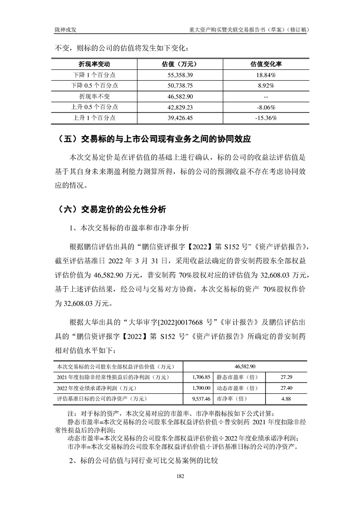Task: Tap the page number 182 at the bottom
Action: (x=180, y=476)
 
